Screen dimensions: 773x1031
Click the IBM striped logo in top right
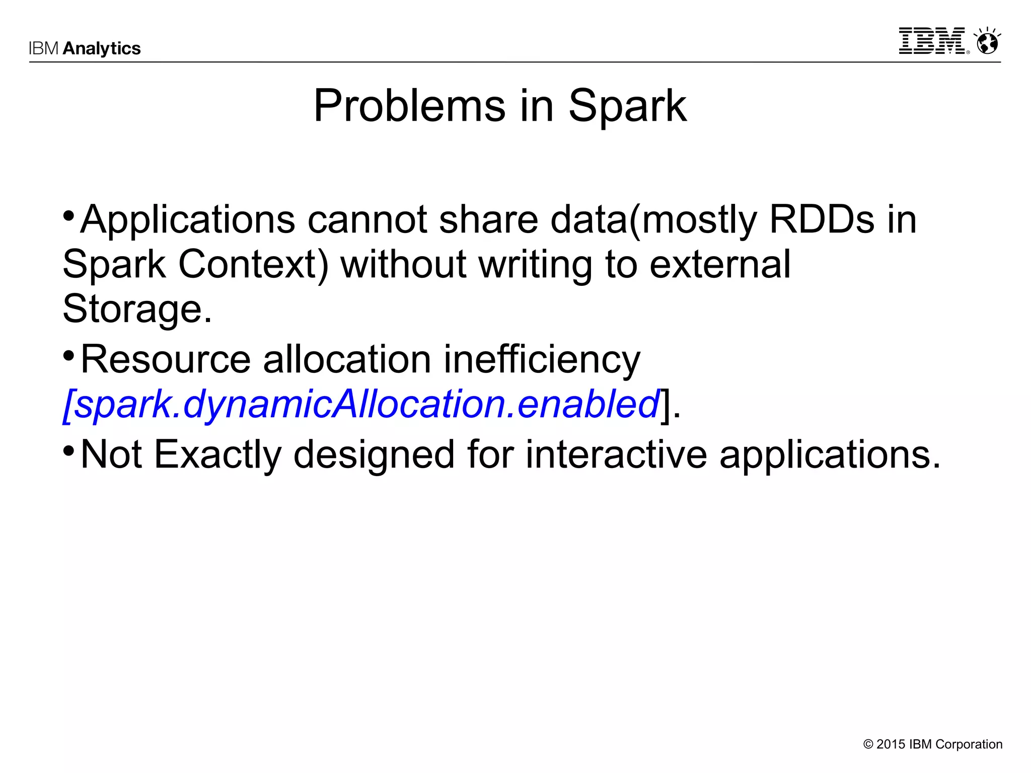[x=932, y=41]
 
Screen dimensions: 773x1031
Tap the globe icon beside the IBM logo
[x=987, y=41]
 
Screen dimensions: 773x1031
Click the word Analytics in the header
[x=102, y=48]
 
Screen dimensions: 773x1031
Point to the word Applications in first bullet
[x=187, y=220]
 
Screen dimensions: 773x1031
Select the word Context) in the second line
[x=253, y=264]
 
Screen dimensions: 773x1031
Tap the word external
[x=720, y=264]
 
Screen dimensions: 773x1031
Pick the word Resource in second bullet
[x=165, y=360]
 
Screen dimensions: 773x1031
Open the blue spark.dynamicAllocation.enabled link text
[x=361, y=404]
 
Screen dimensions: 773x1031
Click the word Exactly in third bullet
[x=217, y=454]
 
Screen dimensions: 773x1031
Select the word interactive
[x=616, y=454]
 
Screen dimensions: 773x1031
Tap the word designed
[x=374, y=454]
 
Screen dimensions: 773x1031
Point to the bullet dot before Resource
[x=69, y=354]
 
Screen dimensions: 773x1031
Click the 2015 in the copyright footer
[x=891, y=744]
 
